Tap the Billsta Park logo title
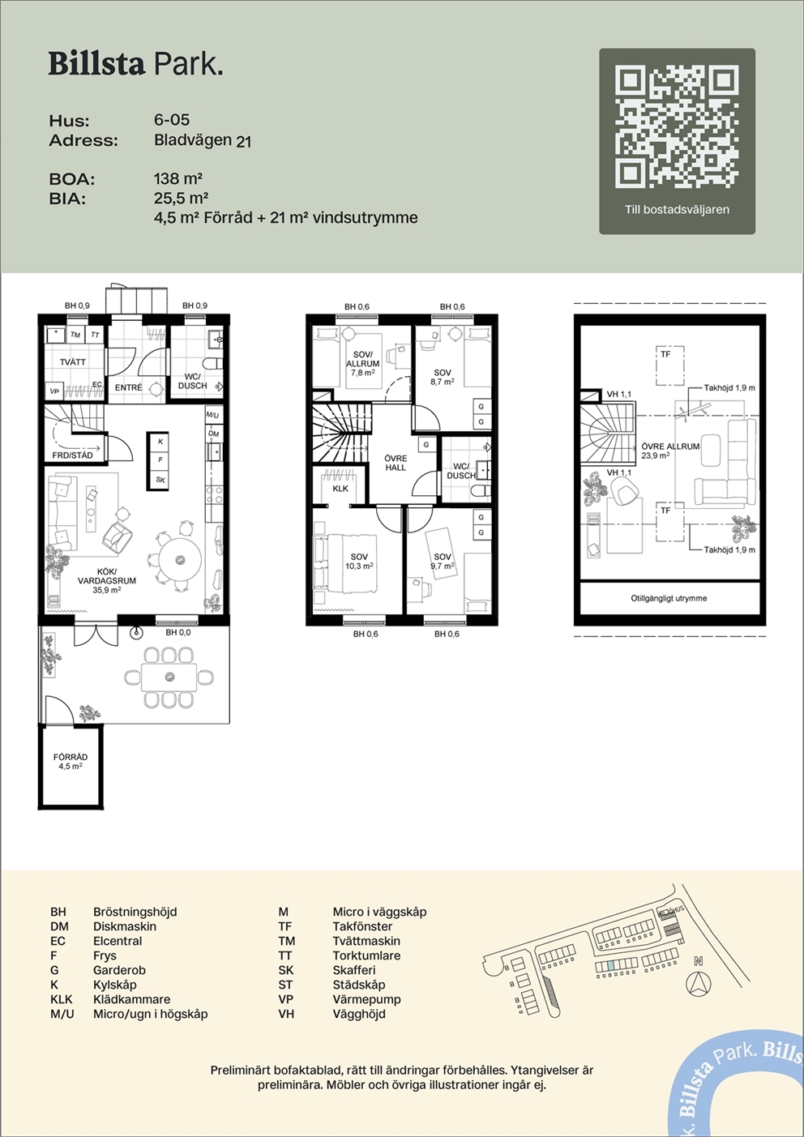pyautogui.click(x=135, y=65)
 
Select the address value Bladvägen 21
pyautogui.click(x=203, y=140)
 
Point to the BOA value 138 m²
pyautogui.click(x=178, y=178)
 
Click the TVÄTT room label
pyautogui.click(x=73, y=362)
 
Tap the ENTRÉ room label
pyautogui.click(x=128, y=387)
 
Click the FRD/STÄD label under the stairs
pyautogui.click(x=73, y=455)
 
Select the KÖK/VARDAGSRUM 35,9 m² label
pyautogui.click(x=107, y=581)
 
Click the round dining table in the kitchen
pyautogui.click(x=180, y=560)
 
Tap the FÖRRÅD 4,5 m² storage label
pyautogui.click(x=70, y=762)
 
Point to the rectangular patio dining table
pyautogui.click(x=169, y=677)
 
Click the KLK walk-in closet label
pyautogui.click(x=340, y=489)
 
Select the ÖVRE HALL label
pyautogui.click(x=396, y=463)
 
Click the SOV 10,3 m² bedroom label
pyautogui.click(x=359, y=562)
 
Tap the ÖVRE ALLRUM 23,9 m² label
pyautogui.click(x=670, y=451)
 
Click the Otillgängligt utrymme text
pyautogui.click(x=669, y=598)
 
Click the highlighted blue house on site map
pyautogui.click(x=610, y=966)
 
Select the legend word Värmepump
pyautogui.click(x=367, y=999)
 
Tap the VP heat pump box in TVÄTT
pyautogui.click(x=54, y=391)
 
